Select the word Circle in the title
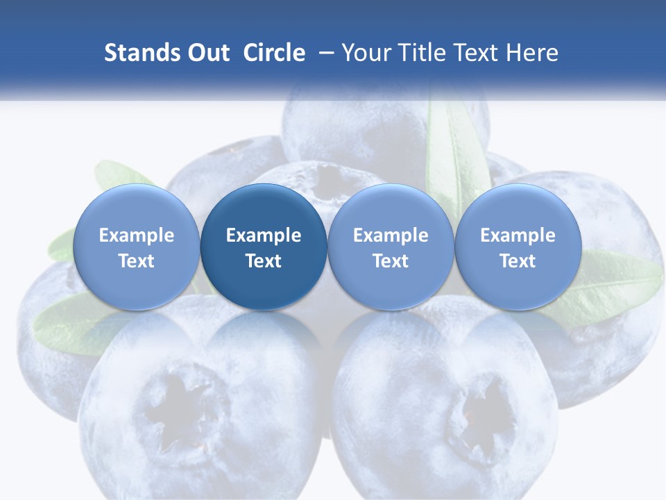[x=274, y=53]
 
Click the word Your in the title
[x=366, y=53]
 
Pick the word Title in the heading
[x=418, y=53]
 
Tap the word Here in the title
[x=531, y=53]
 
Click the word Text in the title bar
[x=474, y=53]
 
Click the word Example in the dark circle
[x=264, y=235]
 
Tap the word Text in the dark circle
[x=264, y=261]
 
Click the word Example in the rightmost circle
[x=518, y=235]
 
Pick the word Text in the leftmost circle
[x=137, y=261]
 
